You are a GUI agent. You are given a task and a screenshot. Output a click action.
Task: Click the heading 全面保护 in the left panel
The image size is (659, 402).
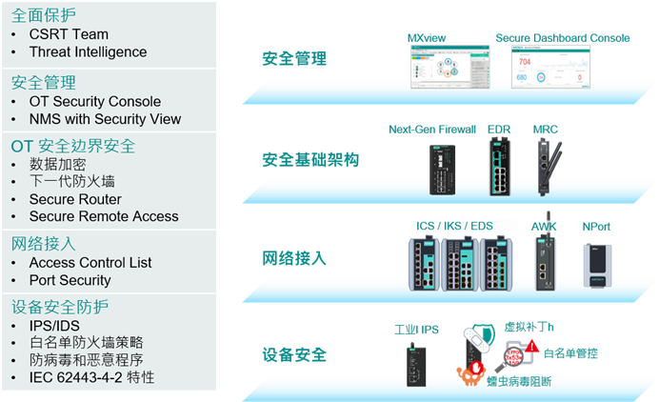click(43, 15)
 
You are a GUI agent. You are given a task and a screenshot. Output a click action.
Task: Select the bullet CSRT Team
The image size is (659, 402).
click(69, 34)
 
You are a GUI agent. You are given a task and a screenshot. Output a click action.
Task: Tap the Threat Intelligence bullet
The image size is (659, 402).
click(88, 51)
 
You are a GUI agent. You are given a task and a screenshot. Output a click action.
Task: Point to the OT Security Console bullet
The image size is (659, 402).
click(95, 101)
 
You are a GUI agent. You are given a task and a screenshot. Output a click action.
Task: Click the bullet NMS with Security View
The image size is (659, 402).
click(105, 119)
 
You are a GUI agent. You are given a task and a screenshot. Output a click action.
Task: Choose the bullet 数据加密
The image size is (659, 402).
click(56, 164)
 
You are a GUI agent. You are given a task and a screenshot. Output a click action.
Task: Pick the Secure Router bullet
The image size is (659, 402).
click(75, 199)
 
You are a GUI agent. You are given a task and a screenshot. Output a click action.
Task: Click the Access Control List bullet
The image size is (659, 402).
click(90, 262)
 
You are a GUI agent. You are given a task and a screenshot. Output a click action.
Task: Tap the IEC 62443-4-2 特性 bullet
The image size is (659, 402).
click(91, 377)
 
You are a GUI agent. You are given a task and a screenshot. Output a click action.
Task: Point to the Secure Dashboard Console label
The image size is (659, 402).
click(563, 38)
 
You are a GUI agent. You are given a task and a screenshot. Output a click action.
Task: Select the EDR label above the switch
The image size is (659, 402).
click(499, 129)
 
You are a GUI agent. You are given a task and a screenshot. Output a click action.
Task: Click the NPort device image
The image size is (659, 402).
click(596, 263)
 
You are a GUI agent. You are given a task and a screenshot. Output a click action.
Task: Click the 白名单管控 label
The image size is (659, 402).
click(570, 353)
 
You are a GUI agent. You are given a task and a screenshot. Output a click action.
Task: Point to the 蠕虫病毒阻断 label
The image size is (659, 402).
click(519, 381)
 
